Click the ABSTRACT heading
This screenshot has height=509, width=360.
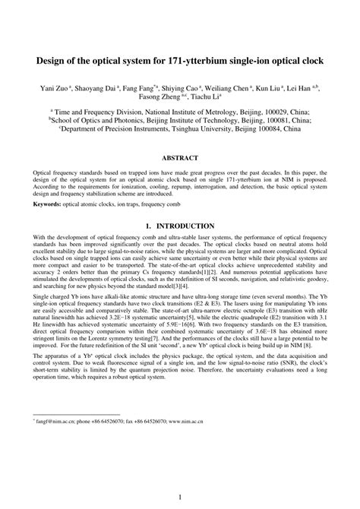pos(180,158)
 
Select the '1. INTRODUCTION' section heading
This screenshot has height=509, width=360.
pos(180,226)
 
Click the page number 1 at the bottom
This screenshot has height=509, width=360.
pos(180,476)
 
